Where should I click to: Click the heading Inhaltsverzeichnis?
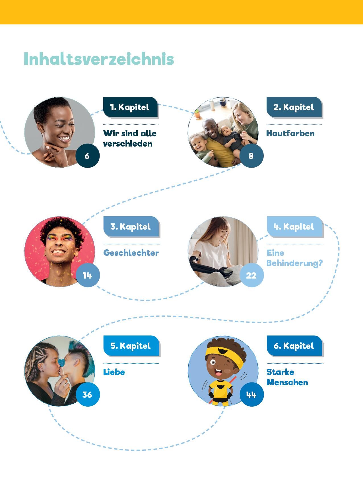coord(99,59)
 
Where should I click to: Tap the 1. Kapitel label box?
coord(130,107)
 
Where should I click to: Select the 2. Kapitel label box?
coord(294,107)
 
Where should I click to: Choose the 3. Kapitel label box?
coord(131,227)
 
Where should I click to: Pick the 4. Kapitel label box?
coord(295,227)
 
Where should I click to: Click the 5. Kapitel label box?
coord(131,346)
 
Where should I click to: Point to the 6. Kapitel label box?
coord(295,346)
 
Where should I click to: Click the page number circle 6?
coord(87,156)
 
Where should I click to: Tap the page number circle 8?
coord(251,156)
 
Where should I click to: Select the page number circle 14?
coord(88,275)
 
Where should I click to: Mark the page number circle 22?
coord(251,275)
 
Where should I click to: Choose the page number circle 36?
coord(88,394)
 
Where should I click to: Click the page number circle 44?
coord(251,394)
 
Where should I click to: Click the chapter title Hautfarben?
coord(290,133)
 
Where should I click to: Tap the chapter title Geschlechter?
coord(131,253)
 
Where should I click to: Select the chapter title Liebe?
coord(114,372)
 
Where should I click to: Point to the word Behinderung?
coord(295,263)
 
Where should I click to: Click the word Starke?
coord(280,372)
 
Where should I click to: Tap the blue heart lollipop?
coord(61,362)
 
